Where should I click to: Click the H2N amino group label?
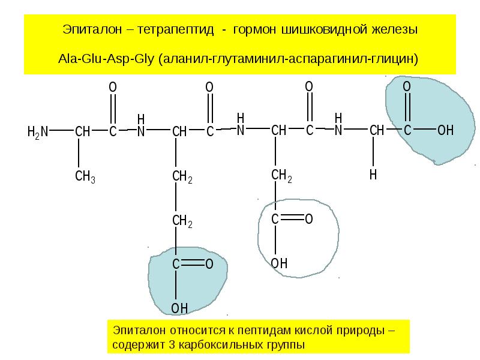coord(38,132)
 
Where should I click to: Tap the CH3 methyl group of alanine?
coord(85,176)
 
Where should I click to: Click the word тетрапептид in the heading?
coord(175,29)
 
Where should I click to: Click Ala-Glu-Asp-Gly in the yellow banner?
coord(106,58)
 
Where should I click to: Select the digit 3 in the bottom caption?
coord(172,344)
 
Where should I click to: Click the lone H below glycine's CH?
coord(373,175)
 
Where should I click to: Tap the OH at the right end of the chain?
coord(445,130)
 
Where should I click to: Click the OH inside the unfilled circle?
coord(279,263)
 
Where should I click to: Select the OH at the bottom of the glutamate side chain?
coord(179,308)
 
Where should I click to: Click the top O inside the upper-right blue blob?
coord(407,86)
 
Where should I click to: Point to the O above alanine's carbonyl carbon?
coord(113,87)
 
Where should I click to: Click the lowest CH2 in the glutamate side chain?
coord(182,221)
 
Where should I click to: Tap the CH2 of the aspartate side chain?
coord(281,175)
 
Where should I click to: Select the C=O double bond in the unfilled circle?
coord(292,218)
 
